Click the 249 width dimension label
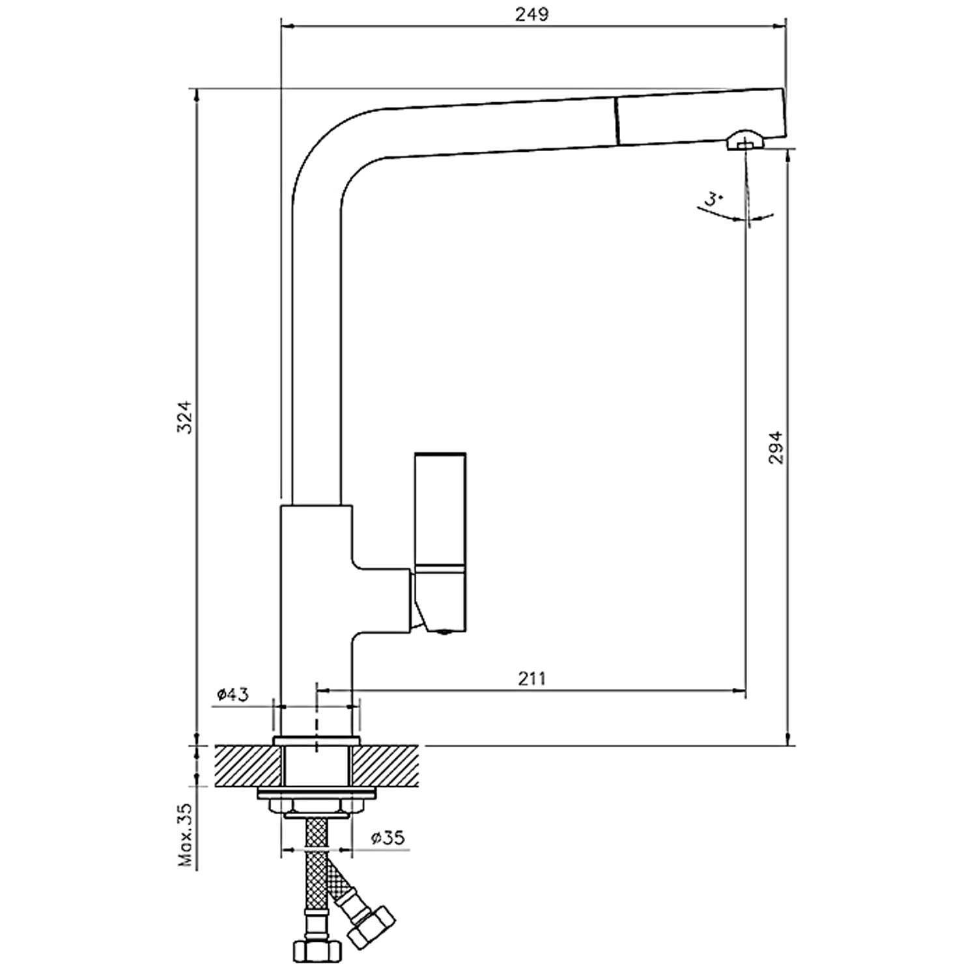(532, 14)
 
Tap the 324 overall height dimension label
(187, 417)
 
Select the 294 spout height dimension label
(776, 447)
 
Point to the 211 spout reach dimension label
(532, 679)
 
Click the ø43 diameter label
(233, 695)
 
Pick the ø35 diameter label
(388, 838)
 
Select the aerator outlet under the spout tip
(744, 140)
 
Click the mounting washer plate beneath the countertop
(317, 794)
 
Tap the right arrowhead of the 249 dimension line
(780, 27)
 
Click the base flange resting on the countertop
(317, 741)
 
